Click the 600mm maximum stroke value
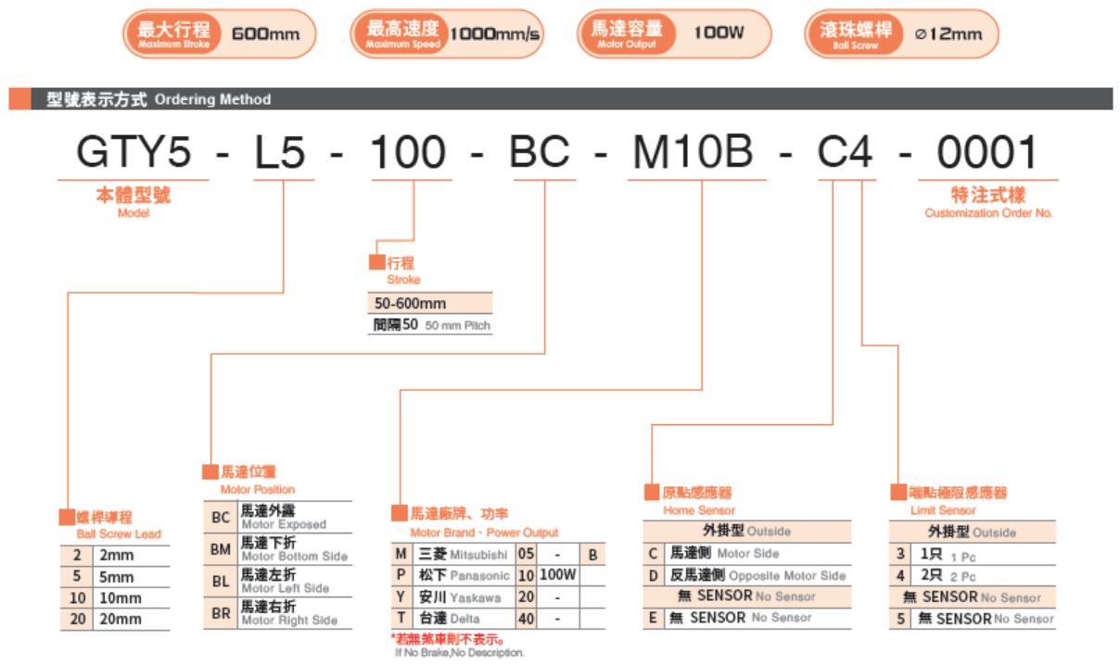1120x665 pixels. pyautogui.click(x=265, y=34)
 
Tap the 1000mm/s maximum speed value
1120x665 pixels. pyautogui.click(x=494, y=34)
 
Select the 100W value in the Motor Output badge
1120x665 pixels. pyautogui.click(x=719, y=32)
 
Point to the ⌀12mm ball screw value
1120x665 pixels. pyautogui.click(x=948, y=34)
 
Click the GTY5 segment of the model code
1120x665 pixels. pyautogui.click(x=134, y=151)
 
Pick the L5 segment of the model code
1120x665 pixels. pyautogui.click(x=279, y=152)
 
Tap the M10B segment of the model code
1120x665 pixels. pyautogui.click(x=693, y=151)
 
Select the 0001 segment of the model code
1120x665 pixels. pyautogui.click(x=987, y=152)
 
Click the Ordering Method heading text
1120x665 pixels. pyautogui.click(x=212, y=99)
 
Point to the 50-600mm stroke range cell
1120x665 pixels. pyautogui.click(x=410, y=303)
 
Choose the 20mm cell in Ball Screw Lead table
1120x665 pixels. pyautogui.click(x=120, y=619)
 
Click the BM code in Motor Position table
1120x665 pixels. pyautogui.click(x=221, y=549)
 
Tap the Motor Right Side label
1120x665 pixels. pyautogui.click(x=289, y=620)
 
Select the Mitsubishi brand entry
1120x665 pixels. pyautogui.click(x=478, y=555)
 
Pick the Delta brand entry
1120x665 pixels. pyautogui.click(x=465, y=619)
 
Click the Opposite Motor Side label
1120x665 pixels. pyautogui.click(x=787, y=575)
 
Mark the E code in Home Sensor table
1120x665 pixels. pyautogui.click(x=653, y=618)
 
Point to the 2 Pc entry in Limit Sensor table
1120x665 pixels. pyautogui.click(x=962, y=577)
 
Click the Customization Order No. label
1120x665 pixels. pyautogui.click(x=988, y=213)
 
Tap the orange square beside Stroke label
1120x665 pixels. pyautogui.click(x=377, y=262)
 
